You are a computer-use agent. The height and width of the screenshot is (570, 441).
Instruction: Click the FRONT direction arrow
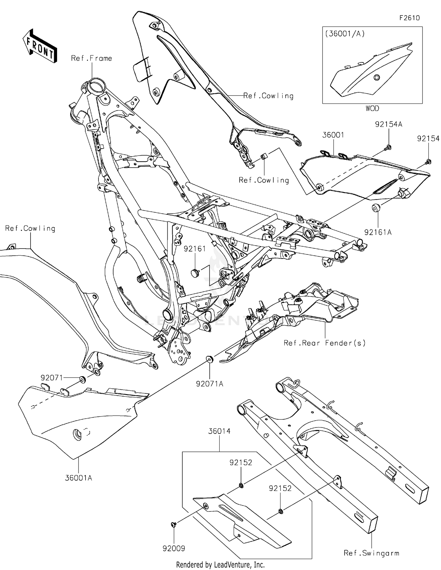40,46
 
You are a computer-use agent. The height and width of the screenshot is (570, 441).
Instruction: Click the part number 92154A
388,124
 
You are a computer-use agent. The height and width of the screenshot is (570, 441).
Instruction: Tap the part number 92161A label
378,232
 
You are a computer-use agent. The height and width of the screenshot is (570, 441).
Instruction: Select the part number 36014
219,431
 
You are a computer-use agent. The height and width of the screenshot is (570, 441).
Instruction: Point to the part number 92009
174,548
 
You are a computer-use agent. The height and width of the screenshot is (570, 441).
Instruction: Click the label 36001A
78,478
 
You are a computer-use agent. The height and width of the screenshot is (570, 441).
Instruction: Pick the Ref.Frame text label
91,58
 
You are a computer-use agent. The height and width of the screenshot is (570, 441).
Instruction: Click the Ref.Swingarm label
371,553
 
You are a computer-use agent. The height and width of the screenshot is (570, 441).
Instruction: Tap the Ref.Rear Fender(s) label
325,343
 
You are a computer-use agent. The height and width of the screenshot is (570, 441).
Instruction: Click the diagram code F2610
410,18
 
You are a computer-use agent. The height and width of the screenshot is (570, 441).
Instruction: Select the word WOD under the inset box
372,109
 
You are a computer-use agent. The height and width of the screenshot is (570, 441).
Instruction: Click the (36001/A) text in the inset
345,34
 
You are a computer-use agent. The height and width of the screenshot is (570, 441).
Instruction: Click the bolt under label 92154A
388,147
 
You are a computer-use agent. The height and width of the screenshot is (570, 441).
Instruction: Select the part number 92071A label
210,384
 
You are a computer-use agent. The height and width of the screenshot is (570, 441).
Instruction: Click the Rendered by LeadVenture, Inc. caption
220,565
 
